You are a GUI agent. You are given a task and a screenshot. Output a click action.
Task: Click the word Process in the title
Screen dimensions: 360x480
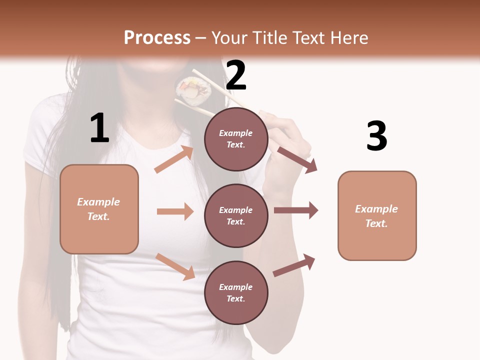pyautogui.click(x=157, y=38)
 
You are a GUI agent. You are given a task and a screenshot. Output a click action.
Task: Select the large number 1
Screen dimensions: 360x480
pyautogui.click(x=99, y=128)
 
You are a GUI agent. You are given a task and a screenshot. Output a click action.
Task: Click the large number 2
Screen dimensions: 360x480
pyautogui.click(x=236, y=75)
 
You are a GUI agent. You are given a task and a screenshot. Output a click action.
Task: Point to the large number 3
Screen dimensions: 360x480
pyautogui.click(x=376, y=136)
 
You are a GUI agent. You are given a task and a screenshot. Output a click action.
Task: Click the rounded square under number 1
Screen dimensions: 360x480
pyautogui.click(x=99, y=209)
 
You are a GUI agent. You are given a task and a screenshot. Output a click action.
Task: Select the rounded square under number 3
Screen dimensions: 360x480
pyautogui.click(x=377, y=215)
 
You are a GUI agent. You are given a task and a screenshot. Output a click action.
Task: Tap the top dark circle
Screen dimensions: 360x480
pyautogui.click(x=236, y=139)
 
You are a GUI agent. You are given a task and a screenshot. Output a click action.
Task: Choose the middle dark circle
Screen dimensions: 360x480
pyautogui.click(x=236, y=215)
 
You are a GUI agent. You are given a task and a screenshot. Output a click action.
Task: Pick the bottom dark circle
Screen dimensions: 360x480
pyautogui.click(x=236, y=292)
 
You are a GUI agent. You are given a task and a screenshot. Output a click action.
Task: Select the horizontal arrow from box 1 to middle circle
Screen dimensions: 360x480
pyautogui.click(x=175, y=211)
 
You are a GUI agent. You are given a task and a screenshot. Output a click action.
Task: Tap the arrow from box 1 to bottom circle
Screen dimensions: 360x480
pyautogui.click(x=175, y=266)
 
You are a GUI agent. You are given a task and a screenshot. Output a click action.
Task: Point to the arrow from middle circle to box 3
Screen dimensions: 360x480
pyautogui.click(x=295, y=210)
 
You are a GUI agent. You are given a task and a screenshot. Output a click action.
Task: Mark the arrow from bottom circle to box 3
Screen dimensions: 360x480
pyautogui.click(x=294, y=265)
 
